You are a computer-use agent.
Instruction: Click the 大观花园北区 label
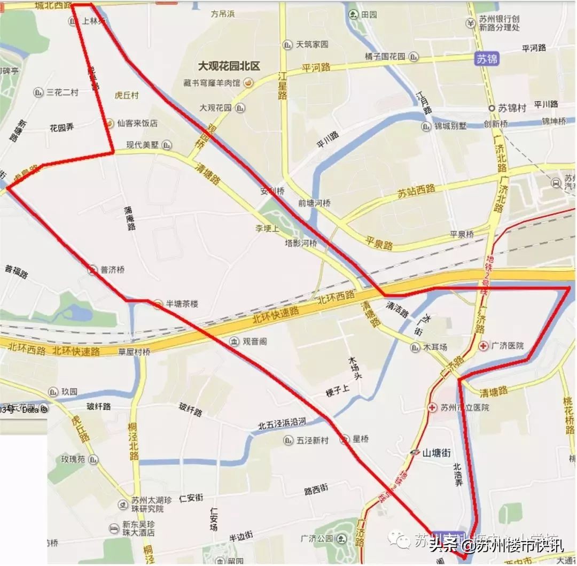(x=229, y=66)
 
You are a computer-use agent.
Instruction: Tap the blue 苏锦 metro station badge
(x=487, y=59)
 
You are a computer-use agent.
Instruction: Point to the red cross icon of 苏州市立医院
(x=432, y=407)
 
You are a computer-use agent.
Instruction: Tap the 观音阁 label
(x=254, y=341)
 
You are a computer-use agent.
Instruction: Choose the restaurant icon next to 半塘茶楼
(x=157, y=304)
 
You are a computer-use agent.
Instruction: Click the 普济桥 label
(x=112, y=270)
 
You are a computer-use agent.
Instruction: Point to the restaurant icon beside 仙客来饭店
(x=109, y=123)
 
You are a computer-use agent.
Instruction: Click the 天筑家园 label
(x=312, y=44)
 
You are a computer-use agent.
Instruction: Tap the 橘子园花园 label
(x=385, y=56)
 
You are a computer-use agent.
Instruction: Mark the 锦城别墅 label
(x=450, y=126)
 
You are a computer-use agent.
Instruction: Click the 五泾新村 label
(x=313, y=440)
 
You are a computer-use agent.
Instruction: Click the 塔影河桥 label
(x=301, y=243)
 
